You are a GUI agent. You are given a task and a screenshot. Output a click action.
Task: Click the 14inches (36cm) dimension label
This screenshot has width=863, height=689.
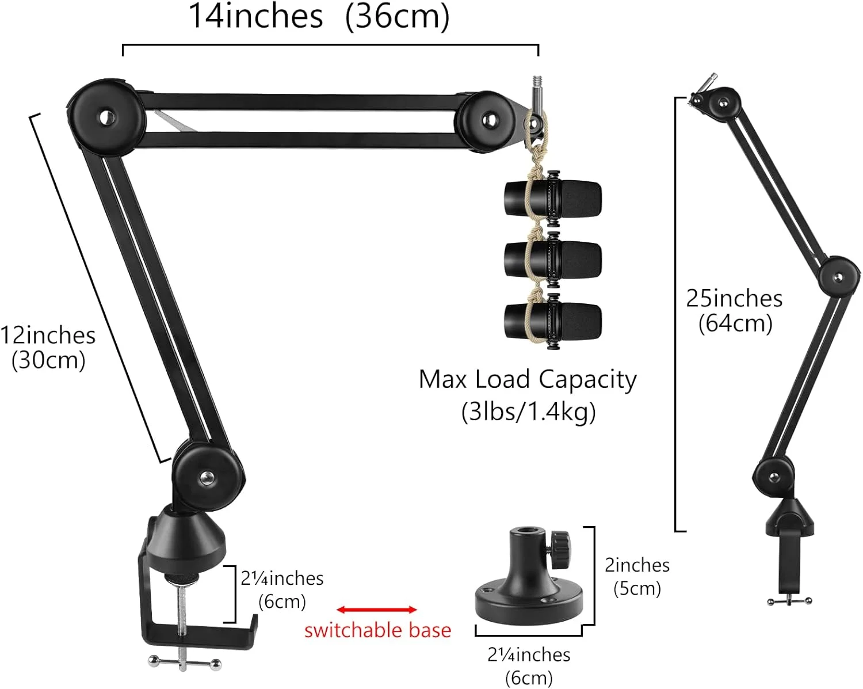(319, 17)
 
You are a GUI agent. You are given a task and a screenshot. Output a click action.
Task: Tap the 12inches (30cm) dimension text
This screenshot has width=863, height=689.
(48, 348)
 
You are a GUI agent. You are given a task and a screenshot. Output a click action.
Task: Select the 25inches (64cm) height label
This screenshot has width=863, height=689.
(735, 310)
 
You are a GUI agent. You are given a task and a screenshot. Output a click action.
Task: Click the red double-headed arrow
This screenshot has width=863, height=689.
(377, 610)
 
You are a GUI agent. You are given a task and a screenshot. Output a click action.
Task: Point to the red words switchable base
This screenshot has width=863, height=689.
(377, 630)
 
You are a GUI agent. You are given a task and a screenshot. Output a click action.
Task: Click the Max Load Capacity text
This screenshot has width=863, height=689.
(528, 379)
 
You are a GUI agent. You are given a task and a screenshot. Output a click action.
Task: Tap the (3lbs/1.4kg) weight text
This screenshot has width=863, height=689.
(528, 412)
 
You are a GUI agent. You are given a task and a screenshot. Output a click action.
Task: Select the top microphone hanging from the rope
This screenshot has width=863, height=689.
(552, 199)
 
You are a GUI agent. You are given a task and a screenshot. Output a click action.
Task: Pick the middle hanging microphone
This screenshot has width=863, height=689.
(552, 258)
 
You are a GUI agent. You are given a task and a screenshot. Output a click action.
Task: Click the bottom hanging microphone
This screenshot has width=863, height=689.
(552, 320)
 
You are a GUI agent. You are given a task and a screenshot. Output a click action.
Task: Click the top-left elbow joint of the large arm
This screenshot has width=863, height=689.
(106, 117)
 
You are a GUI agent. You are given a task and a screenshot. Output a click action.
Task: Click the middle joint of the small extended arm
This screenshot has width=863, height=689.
(837, 279)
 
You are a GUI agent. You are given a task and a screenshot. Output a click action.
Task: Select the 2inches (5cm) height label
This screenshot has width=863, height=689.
(637, 577)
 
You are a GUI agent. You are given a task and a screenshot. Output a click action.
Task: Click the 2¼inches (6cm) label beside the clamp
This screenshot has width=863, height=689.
(282, 589)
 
